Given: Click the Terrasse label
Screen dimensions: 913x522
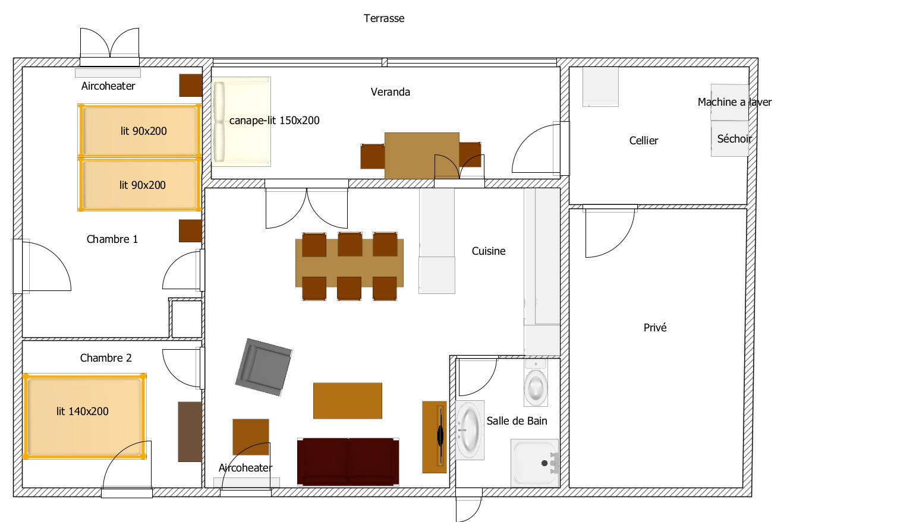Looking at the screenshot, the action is pos(384,18).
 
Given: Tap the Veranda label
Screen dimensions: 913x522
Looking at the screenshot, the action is pos(390,92).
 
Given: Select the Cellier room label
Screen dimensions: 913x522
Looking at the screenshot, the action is pos(644,141).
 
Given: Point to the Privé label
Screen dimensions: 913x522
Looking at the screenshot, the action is pos(655,327).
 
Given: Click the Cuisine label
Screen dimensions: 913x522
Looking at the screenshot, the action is pos(488,251).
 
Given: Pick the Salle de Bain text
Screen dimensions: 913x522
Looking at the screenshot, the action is pos(517,421).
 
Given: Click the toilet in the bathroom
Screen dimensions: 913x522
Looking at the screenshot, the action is pos(536,383).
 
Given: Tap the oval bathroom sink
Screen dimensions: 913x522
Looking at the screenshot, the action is pos(470,430).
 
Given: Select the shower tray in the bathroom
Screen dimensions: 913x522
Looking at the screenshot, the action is pos(534,463).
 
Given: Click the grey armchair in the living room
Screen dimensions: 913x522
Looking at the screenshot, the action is pos(264,367).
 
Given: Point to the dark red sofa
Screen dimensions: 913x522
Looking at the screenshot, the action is pos(348,462).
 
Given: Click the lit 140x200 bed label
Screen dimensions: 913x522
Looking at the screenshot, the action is pos(83,412).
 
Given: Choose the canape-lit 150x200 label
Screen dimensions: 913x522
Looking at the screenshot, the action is pos(274,121).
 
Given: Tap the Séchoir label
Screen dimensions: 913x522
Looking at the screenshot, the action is pos(735,139).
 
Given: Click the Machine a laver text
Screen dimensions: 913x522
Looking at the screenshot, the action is pos(735,102).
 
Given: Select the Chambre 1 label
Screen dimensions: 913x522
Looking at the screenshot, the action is pos(112,239).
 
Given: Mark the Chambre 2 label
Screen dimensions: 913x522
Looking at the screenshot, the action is pos(106,358).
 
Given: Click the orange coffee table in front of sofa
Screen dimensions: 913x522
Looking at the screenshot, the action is pos(348,401).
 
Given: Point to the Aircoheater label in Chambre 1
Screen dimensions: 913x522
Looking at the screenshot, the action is pos(108,86).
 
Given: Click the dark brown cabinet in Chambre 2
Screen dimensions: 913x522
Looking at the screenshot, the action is pos(190,432).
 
